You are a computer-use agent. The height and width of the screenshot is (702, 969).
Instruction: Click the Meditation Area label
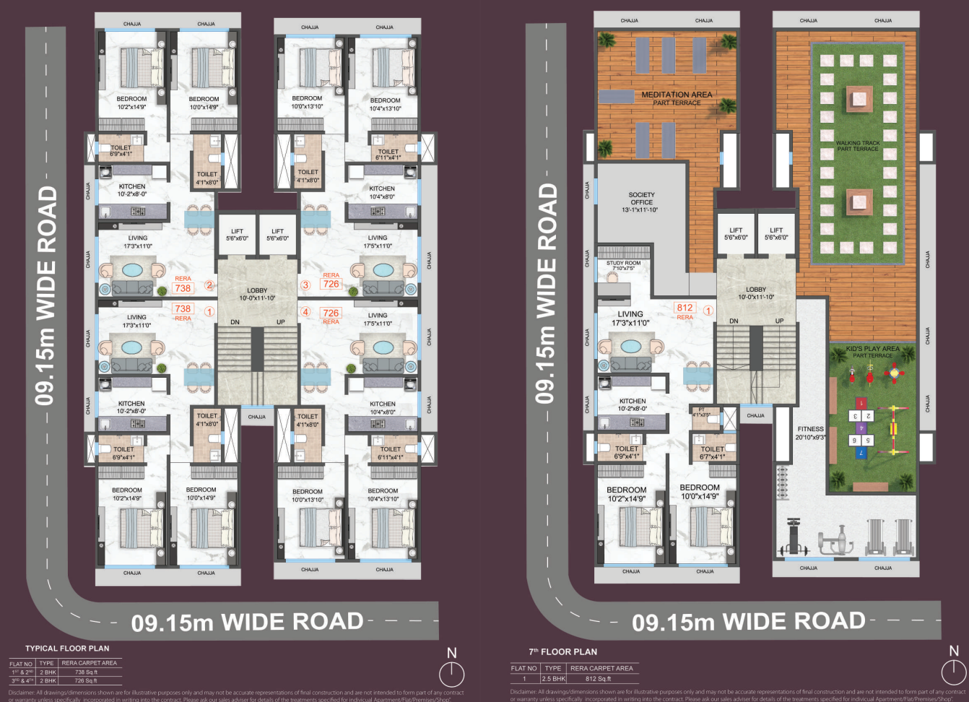click(x=677, y=95)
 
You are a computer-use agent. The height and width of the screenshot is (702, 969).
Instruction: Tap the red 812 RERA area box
click(x=685, y=308)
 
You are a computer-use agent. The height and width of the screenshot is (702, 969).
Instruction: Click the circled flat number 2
click(x=209, y=285)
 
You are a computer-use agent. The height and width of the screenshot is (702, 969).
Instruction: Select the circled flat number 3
click(x=305, y=285)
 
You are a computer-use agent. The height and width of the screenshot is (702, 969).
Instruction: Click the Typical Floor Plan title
click(x=67, y=649)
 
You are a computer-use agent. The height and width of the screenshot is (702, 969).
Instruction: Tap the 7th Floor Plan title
click(x=562, y=651)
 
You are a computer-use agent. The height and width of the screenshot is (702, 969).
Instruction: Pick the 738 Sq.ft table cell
click(x=86, y=672)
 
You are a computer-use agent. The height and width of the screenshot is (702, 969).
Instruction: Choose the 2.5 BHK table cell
click(x=554, y=679)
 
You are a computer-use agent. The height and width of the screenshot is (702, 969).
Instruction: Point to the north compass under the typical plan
click(x=451, y=674)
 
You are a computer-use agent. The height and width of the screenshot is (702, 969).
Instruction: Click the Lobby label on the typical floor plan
click(x=257, y=290)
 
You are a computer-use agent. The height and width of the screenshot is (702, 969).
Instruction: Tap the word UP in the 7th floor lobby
click(x=779, y=321)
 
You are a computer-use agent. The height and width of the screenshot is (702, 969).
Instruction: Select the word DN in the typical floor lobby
click(x=235, y=322)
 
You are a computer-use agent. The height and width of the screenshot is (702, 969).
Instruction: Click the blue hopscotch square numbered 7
click(x=860, y=453)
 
